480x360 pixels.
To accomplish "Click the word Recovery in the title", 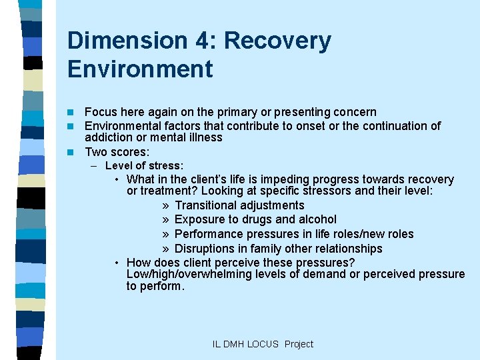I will pos(277,41).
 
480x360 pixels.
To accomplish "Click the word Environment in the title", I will pos(140,69).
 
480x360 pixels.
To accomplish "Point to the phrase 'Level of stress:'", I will pos(144,165).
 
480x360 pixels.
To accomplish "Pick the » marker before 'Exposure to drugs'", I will pos(165,219).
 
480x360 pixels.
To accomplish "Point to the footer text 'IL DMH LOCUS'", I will pos(245,344).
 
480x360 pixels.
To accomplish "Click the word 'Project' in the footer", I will pos(299,344).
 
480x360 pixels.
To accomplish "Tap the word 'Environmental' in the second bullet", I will pos(123,126).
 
